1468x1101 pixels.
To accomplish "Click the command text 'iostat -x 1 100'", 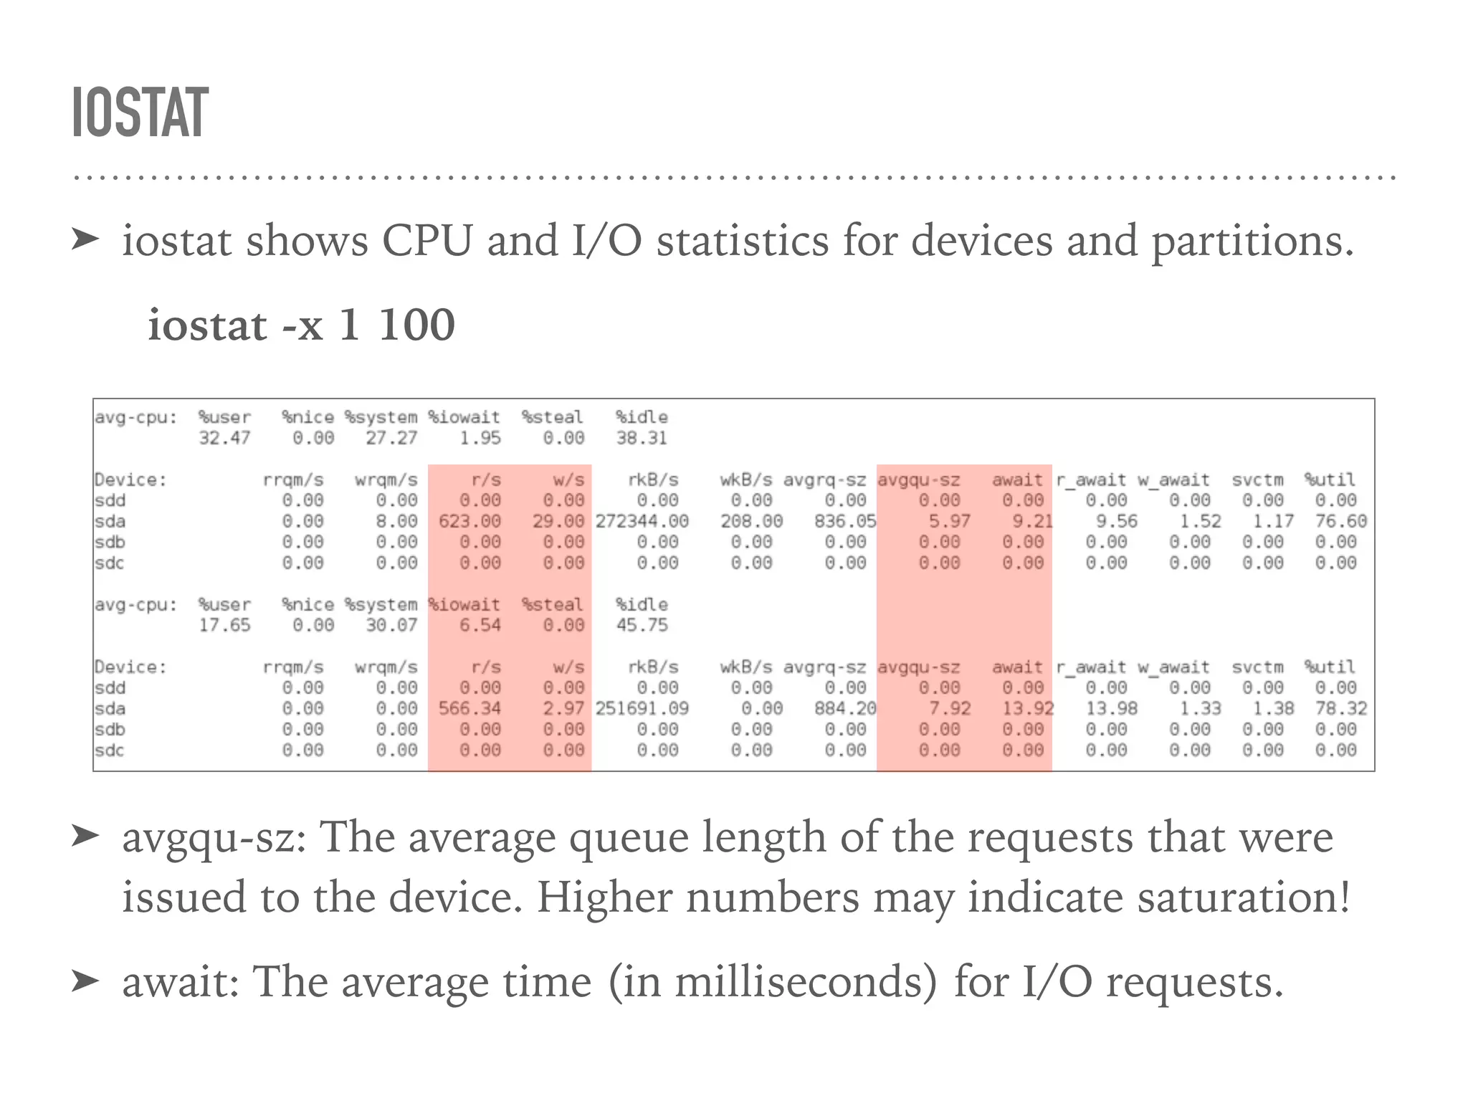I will pyautogui.click(x=301, y=325).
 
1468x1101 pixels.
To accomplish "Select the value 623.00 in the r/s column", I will pyautogui.click(x=470, y=521).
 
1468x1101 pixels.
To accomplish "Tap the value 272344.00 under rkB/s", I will pyautogui.click(x=642, y=521).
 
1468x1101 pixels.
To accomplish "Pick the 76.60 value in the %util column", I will pyautogui.click(x=1340, y=521).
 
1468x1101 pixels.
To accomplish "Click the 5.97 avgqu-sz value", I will pyautogui.click(x=950, y=521).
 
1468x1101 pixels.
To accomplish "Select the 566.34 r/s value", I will pyautogui.click(x=470, y=709).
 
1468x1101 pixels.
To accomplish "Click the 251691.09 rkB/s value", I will pyautogui.click(x=642, y=709).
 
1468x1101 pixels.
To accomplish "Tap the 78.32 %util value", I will pyautogui.click(x=1340, y=709).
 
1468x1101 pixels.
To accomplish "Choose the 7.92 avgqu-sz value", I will pyautogui.click(x=950, y=709).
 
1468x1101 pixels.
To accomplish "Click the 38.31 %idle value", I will pyautogui.click(x=642, y=438).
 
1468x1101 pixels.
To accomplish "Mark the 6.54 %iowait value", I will pyautogui.click(x=480, y=626).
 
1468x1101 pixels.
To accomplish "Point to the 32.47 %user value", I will pyautogui.click(x=224, y=438).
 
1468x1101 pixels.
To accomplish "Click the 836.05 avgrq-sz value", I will pyautogui.click(x=845, y=521).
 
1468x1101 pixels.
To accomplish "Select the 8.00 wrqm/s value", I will pyautogui.click(x=396, y=521).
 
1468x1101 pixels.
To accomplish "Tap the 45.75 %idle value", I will pyautogui.click(x=642, y=626).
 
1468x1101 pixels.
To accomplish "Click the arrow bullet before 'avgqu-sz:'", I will pyautogui.click(x=85, y=836).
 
